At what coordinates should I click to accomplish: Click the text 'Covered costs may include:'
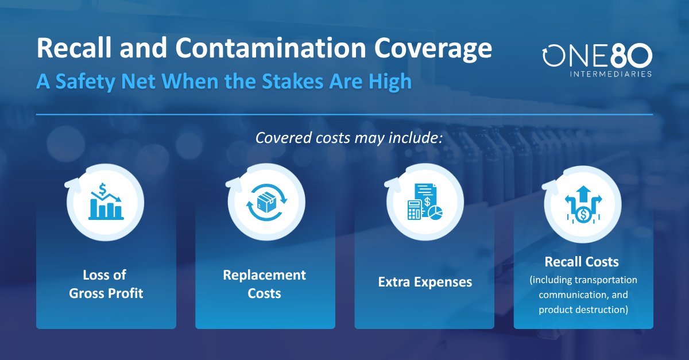click(344, 139)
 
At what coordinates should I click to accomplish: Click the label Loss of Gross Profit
click(106, 284)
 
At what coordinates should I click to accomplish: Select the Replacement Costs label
click(265, 284)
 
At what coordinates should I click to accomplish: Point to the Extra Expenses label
click(425, 282)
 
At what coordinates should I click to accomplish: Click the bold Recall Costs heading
click(582, 262)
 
